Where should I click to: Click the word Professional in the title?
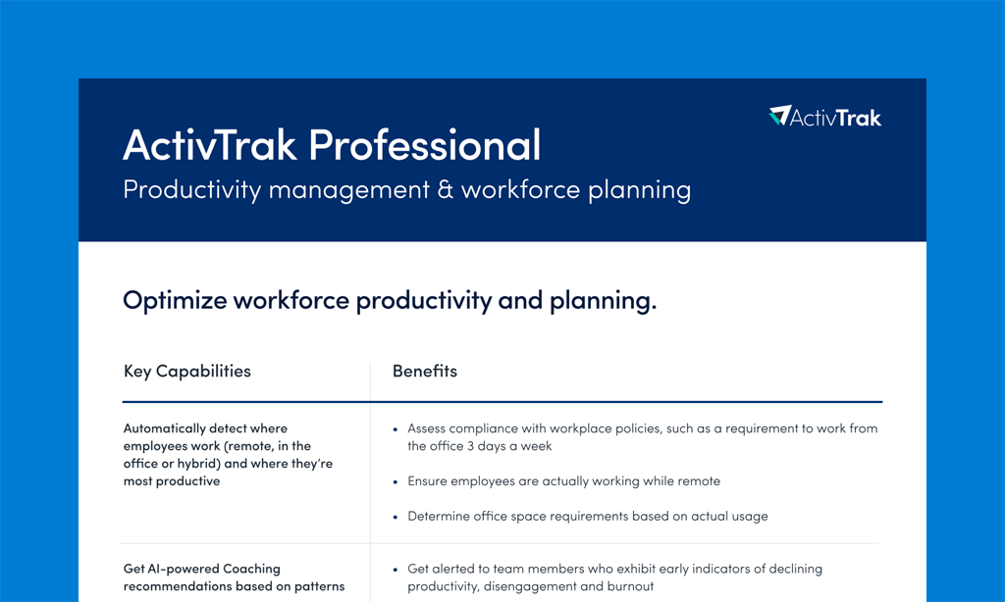(x=425, y=145)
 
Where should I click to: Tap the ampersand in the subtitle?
(x=445, y=189)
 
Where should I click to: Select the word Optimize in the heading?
(x=175, y=300)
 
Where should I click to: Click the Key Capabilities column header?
(x=187, y=372)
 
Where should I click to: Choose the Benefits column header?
(x=425, y=371)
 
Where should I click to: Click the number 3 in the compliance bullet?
(x=470, y=446)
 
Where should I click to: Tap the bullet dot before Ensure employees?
(x=396, y=481)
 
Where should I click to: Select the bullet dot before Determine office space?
(x=396, y=517)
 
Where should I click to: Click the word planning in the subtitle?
(x=640, y=191)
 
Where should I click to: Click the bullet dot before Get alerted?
(x=396, y=570)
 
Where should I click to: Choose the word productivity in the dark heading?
(x=424, y=301)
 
